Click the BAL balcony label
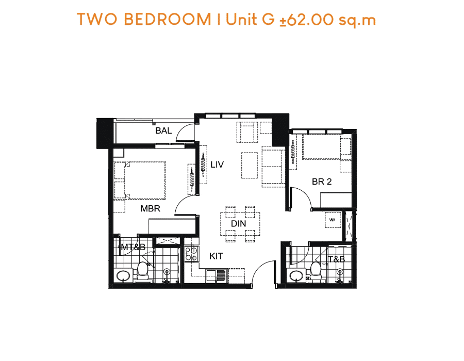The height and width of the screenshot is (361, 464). (163, 130)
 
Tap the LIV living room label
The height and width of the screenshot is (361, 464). (217, 165)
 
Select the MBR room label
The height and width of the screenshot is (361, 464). (151, 209)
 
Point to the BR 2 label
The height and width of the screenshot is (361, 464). (322, 182)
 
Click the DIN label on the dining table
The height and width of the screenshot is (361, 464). (239, 224)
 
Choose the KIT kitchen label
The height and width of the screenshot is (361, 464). (217, 256)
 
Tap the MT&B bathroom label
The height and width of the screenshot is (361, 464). (134, 247)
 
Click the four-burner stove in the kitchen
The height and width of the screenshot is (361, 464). (191, 254)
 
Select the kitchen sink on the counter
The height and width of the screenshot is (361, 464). (217, 276)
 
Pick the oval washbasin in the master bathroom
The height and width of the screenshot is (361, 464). (123, 276)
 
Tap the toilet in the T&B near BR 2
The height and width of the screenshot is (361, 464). (316, 270)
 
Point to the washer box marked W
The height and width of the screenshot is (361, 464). (333, 220)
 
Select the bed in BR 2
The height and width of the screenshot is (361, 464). (321, 147)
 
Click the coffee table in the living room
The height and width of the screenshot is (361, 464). (249, 166)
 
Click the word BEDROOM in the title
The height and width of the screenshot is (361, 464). (168, 20)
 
